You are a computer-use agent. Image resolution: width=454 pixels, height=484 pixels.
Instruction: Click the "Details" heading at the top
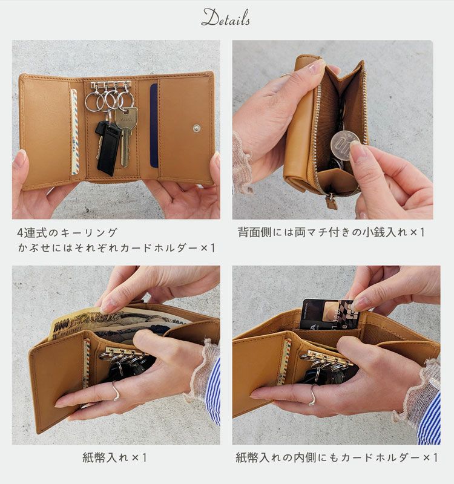pyautogui.click(x=226, y=18)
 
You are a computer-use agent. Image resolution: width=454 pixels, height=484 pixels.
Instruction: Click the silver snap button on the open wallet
pyautogui.click(x=197, y=128)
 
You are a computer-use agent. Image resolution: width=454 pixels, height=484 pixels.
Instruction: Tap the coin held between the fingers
pyautogui.click(x=345, y=144)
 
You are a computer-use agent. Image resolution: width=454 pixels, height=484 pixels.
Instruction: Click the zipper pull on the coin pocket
pyautogui.click(x=331, y=201)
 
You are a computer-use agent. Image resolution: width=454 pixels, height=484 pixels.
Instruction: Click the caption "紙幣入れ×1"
pyautogui.click(x=115, y=458)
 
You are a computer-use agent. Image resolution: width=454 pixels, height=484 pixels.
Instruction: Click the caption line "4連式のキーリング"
pyautogui.click(x=67, y=232)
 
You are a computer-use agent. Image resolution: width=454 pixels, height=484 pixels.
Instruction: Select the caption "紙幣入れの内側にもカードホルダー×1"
pyautogui.click(x=337, y=458)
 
